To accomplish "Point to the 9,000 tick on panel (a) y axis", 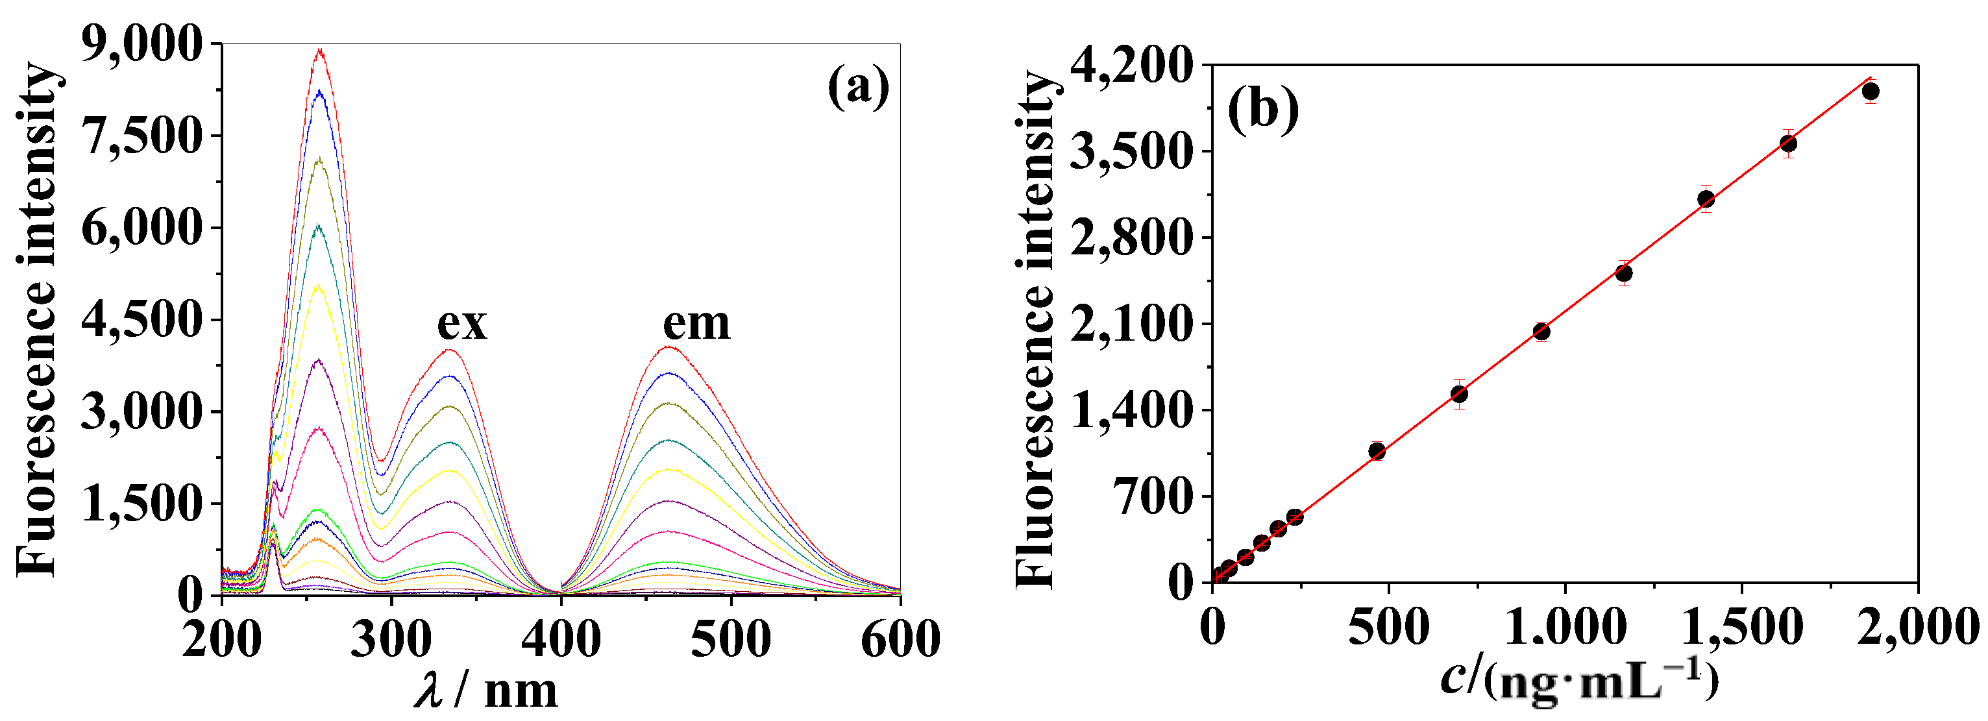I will pyautogui.click(x=141, y=44).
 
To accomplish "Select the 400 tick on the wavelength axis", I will pyautogui.click(x=561, y=639).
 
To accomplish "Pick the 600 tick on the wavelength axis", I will pyautogui.click(x=899, y=639).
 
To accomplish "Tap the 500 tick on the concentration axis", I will pyautogui.click(x=1388, y=627).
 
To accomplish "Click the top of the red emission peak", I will pyautogui.click(x=669, y=347).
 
